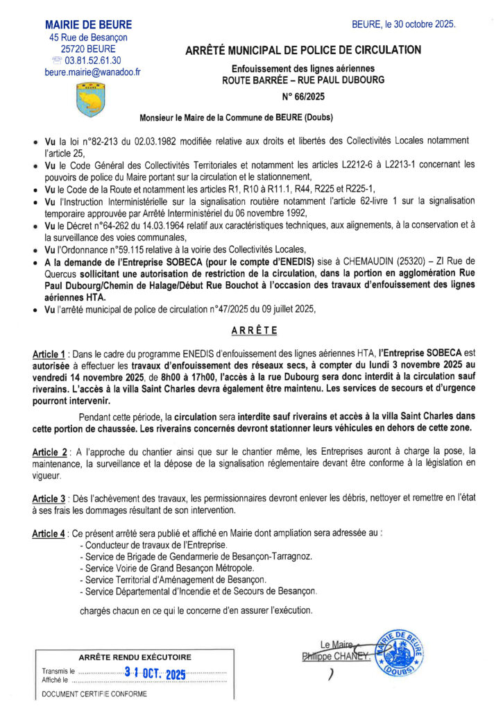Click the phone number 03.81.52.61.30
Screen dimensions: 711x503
pyautogui.click(x=96, y=60)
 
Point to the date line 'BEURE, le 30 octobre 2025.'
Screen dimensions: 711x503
pyautogui.click(x=404, y=24)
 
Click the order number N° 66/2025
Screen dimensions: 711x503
pyautogui.click(x=303, y=97)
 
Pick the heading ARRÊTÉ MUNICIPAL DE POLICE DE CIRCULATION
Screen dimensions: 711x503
pyautogui.click(x=303, y=50)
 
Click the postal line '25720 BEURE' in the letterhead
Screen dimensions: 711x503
pyautogui.click(x=89, y=49)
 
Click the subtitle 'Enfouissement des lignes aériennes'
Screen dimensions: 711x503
pyautogui.click(x=303, y=68)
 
